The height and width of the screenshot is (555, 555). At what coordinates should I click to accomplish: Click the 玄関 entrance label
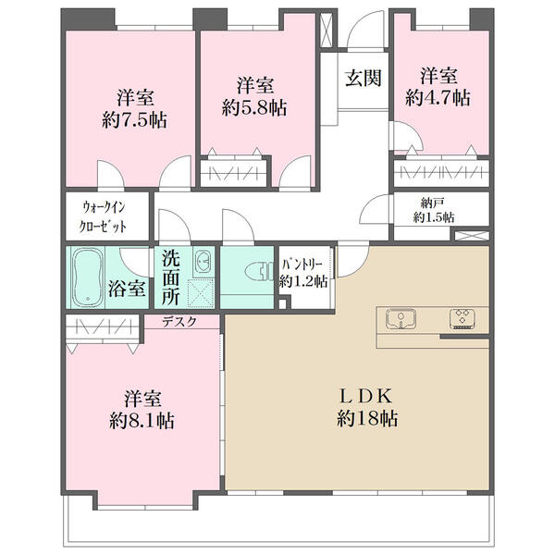click(364, 78)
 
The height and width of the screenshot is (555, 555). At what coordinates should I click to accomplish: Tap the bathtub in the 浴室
click(87, 277)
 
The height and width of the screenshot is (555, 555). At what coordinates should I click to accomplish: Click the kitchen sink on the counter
click(401, 319)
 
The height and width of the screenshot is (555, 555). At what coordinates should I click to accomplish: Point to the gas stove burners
click(462, 319)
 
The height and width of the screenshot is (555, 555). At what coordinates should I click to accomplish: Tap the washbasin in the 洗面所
click(203, 263)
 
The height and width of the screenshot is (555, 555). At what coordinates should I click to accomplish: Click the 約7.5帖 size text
click(134, 120)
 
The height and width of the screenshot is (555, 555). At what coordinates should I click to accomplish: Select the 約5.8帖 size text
click(254, 107)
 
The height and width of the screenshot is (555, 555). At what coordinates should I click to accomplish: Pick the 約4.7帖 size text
click(438, 97)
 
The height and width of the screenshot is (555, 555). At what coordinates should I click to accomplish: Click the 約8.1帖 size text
click(142, 421)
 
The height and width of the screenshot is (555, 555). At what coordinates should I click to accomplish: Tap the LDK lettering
click(366, 396)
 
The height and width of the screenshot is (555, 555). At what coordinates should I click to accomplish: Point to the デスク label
click(179, 321)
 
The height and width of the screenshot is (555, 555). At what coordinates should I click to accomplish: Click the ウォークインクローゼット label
click(104, 216)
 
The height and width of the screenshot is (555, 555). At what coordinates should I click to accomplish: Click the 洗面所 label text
click(171, 277)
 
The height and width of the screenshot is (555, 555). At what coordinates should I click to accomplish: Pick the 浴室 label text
click(127, 289)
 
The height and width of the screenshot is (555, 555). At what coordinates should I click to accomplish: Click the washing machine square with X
click(201, 292)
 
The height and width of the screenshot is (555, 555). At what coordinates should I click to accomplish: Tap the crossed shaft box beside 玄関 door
click(327, 30)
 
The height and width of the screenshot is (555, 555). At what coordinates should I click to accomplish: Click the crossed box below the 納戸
click(472, 235)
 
